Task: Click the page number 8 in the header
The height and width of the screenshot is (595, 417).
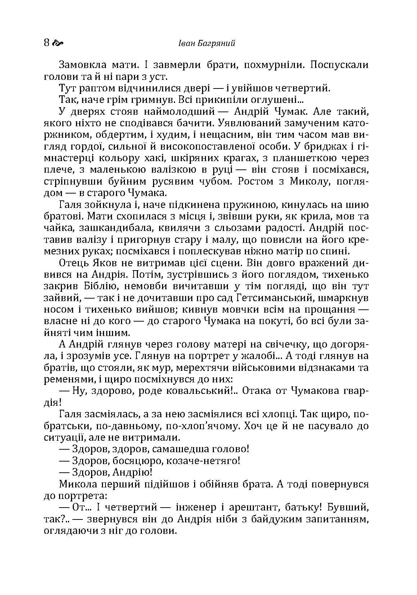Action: pyautogui.click(x=46, y=43)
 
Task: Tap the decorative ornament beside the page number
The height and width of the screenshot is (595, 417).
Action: pyautogui.click(x=58, y=44)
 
